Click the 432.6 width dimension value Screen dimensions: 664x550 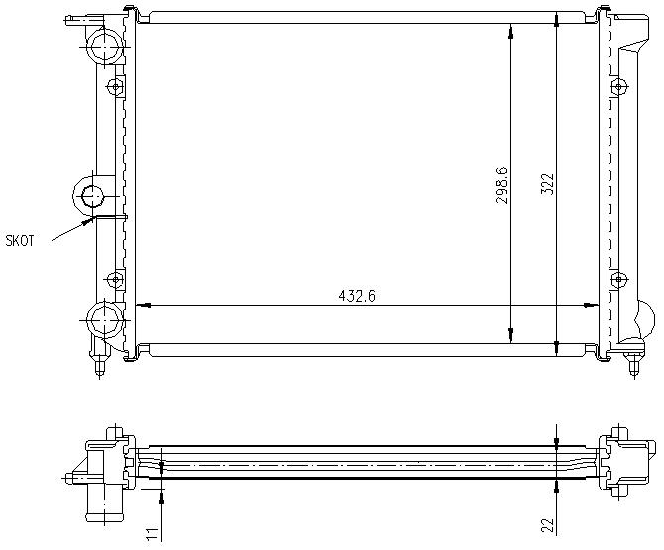[357, 296]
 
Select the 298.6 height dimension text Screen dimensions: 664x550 [501, 185]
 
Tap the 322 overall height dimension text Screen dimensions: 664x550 [547, 184]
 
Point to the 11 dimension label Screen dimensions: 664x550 [153, 533]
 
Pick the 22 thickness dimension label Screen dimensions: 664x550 [547, 524]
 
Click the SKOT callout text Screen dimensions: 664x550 [20, 241]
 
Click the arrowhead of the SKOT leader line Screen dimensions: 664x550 [89, 220]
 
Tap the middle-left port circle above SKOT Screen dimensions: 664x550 [92, 197]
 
